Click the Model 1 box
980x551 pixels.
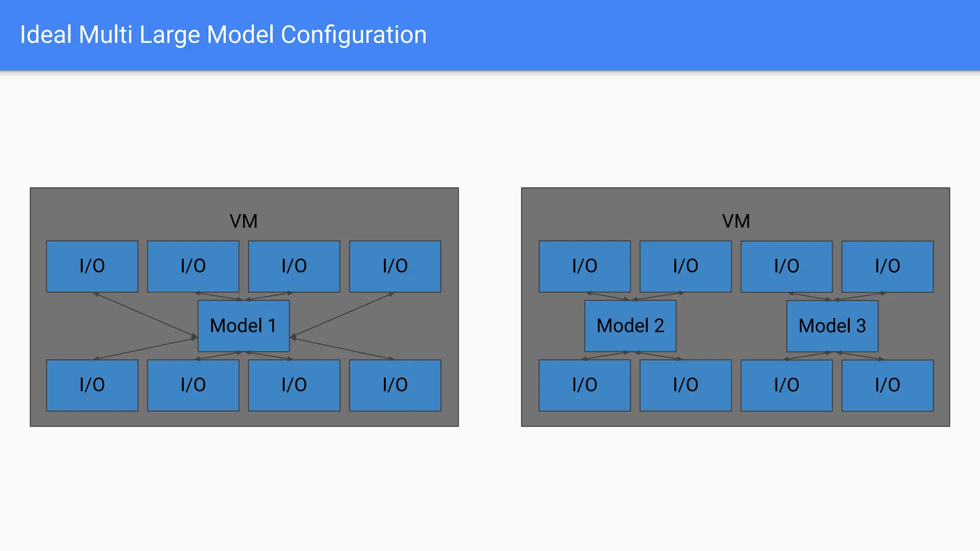click(x=244, y=326)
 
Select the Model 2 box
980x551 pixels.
click(x=630, y=326)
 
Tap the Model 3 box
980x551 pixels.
click(x=832, y=326)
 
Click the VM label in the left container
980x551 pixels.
click(x=244, y=221)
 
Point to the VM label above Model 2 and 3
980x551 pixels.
click(x=735, y=221)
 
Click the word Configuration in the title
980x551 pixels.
click(x=353, y=35)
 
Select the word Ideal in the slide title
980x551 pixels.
click(x=46, y=35)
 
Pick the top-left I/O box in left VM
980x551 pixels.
click(x=92, y=266)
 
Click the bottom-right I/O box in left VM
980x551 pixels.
click(x=395, y=385)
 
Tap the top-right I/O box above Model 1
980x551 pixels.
click(x=395, y=266)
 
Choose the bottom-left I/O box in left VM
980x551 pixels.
click(x=92, y=385)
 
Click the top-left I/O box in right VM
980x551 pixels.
click(x=584, y=266)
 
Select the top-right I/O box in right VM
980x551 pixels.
click(x=887, y=266)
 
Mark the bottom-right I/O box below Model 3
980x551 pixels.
click(x=887, y=385)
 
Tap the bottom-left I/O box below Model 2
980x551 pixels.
click(x=584, y=385)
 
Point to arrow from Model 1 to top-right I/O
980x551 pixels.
click(x=342, y=315)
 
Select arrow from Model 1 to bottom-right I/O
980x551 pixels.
click(x=342, y=348)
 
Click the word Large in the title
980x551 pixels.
click(x=169, y=35)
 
